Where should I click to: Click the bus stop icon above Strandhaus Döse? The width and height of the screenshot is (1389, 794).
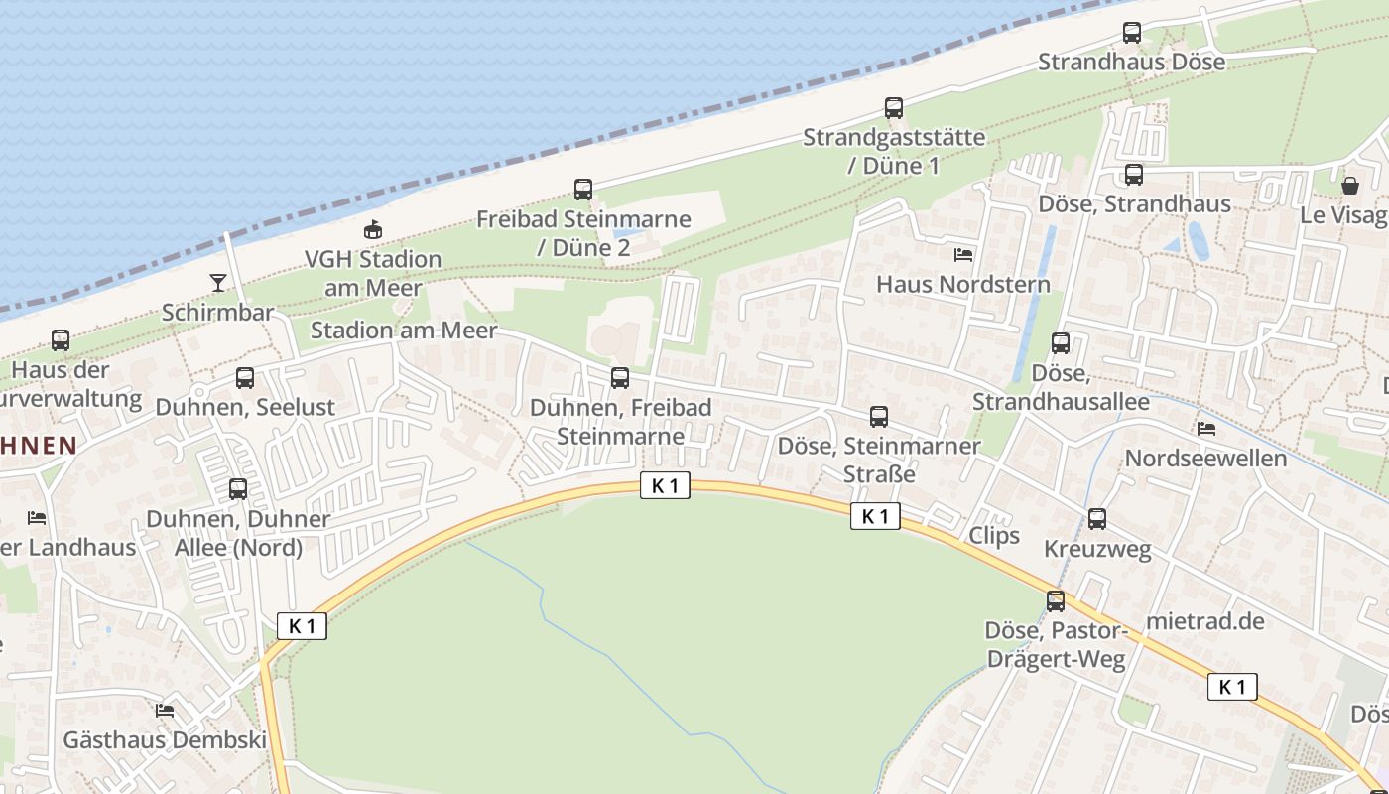1132,33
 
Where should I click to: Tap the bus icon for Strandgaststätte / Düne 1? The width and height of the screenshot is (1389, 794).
894,108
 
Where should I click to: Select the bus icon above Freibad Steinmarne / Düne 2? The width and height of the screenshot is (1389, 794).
583,189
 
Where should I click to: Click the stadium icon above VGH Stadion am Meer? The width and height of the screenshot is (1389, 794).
373,230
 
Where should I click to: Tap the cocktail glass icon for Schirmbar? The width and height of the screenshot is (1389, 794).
218,283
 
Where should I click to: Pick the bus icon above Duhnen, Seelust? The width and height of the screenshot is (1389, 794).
245,378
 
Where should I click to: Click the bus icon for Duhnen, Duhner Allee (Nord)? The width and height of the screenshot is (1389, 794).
238,489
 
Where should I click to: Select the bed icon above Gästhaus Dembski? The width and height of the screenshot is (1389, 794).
165,711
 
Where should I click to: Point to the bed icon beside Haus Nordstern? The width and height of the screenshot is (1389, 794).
963,255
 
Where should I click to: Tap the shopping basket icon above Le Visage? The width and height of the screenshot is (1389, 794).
1350,186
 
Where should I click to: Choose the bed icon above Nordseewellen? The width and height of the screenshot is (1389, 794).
1206,429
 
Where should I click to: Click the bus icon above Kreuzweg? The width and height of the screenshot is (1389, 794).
1097,519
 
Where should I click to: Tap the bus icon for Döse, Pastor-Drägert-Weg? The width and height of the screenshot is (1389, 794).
1056,601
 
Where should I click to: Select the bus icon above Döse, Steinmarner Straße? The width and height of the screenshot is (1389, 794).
879,417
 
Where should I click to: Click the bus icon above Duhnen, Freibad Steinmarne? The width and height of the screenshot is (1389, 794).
620,378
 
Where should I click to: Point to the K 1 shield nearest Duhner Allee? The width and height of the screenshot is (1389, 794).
302,626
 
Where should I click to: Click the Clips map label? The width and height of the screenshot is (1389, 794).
994,536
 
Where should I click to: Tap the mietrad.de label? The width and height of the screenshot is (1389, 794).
1205,621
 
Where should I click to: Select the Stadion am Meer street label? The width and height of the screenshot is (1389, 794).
404,331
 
